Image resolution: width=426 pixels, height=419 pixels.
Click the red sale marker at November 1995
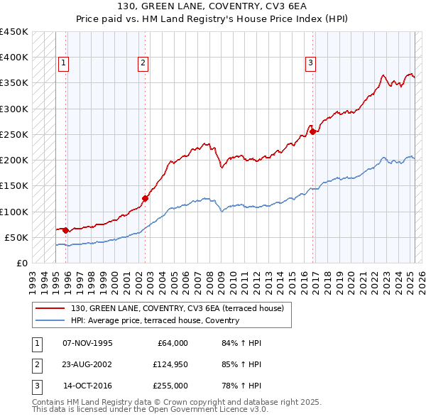click(x=66, y=230)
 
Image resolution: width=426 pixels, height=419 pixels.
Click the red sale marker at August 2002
click(x=145, y=199)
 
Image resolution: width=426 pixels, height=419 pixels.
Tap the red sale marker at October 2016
click(x=313, y=131)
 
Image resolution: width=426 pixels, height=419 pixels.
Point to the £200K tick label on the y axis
click(x=14, y=160)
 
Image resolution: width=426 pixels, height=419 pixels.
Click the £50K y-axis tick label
click(x=17, y=237)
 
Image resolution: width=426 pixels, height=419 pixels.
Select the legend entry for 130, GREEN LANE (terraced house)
click(x=177, y=308)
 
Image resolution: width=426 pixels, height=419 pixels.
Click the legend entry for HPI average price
click(x=155, y=320)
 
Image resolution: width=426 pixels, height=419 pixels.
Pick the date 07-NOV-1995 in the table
click(x=87, y=343)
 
